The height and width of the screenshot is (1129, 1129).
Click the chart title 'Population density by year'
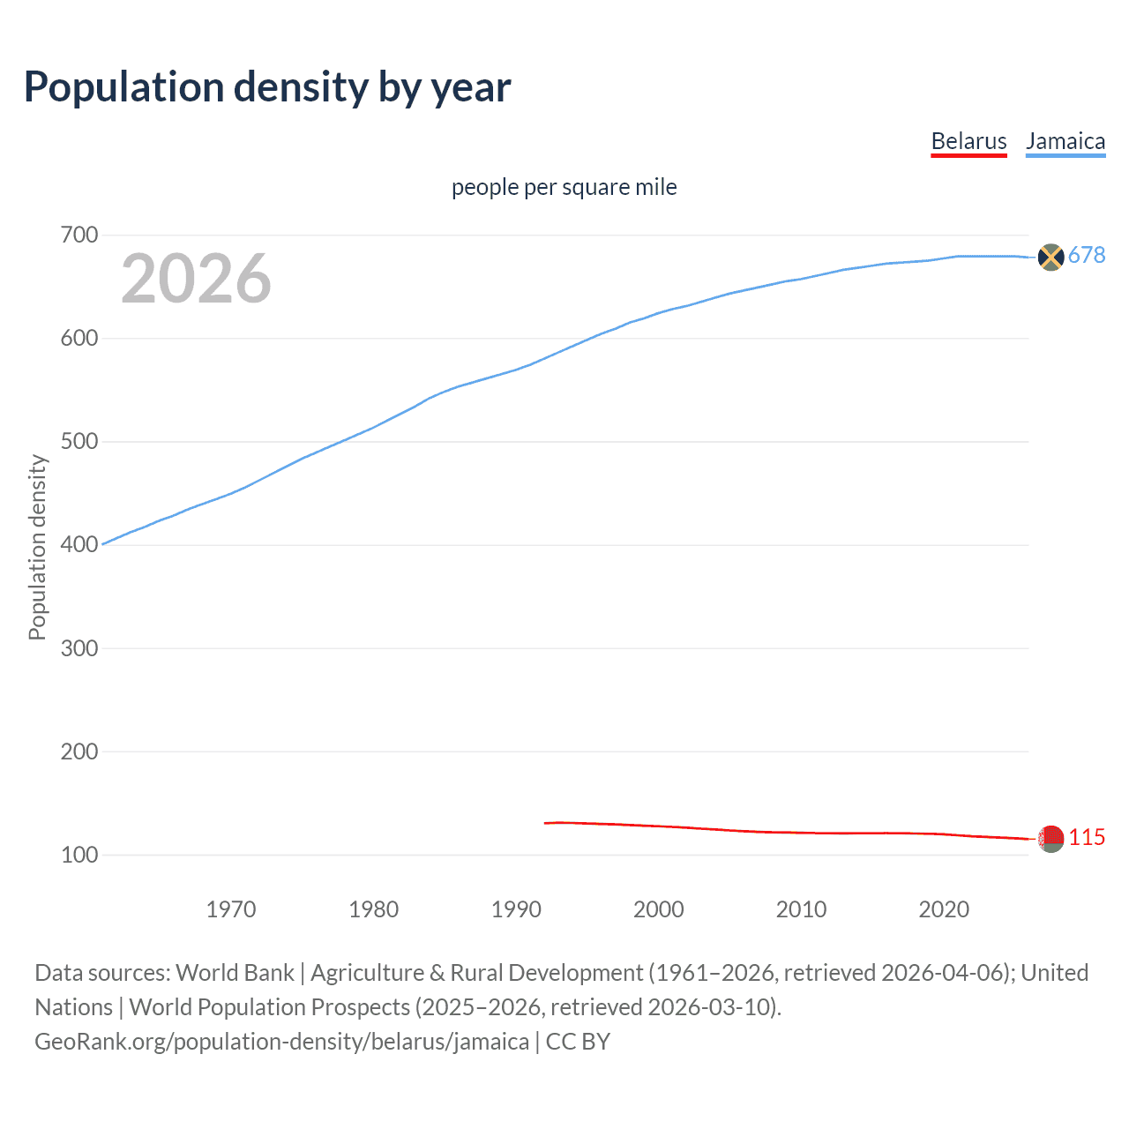pos(267,87)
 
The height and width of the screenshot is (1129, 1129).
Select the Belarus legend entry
pos(968,141)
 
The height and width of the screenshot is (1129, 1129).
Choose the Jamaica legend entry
pos(1065,141)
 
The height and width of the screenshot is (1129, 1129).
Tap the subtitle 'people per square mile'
pos(564,187)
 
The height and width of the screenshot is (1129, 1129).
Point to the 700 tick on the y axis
pos(79,235)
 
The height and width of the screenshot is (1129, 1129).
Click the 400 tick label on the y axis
pos(79,544)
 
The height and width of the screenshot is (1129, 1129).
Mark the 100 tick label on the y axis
pos(79,855)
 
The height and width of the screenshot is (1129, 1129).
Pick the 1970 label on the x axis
pos(231,909)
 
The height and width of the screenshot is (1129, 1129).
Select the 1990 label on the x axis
pos(516,909)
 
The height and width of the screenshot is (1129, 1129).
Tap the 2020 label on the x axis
pos(944,909)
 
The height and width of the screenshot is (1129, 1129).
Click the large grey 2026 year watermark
pos(196,279)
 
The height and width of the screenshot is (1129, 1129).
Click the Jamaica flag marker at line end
pos(1050,257)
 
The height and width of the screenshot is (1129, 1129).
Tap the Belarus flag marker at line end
pos(1050,839)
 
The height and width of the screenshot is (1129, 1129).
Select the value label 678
pos(1087,256)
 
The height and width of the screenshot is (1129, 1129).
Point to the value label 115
pos(1087,837)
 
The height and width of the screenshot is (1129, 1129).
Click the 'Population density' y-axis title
pos(37,547)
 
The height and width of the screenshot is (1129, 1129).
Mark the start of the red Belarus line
pos(546,823)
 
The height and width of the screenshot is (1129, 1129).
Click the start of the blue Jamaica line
pos(103,544)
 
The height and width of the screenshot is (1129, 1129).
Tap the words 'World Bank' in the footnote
pos(235,972)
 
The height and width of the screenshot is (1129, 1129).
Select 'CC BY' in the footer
pos(578,1041)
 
